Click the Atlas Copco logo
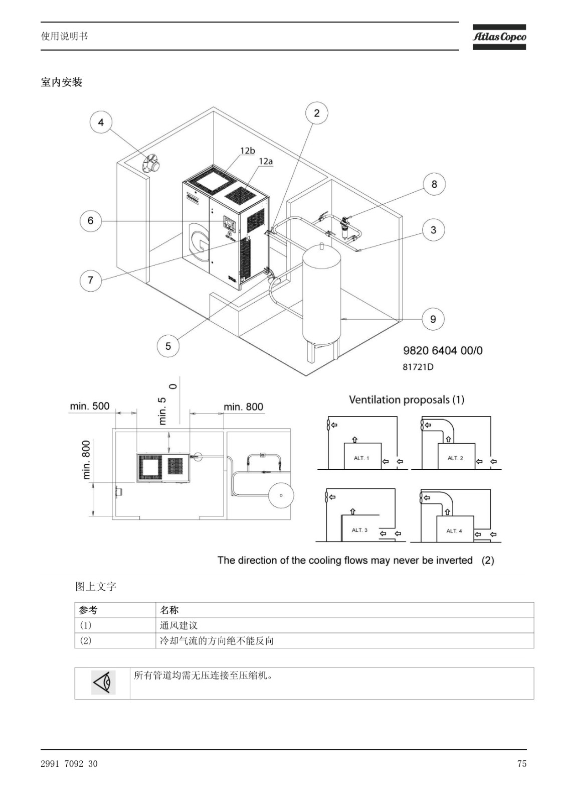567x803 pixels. pos(499,37)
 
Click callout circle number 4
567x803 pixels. pos(101,122)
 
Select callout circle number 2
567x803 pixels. pos(317,113)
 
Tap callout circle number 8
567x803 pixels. pos(434,184)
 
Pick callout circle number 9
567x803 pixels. pos(433,319)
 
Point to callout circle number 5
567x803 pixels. pos(168,346)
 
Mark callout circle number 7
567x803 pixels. pos(91,280)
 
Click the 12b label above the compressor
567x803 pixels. pos(248,151)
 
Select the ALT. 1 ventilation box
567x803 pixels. pos(362,456)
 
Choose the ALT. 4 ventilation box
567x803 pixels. pos(455,529)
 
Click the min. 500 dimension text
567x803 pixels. pos(90,406)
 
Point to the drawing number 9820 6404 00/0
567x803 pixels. pos(443,350)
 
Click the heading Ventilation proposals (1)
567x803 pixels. pos(407,399)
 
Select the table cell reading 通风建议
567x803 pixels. pos(179,625)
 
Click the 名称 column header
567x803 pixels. pos(169,610)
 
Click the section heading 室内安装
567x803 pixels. pos(62,82)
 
